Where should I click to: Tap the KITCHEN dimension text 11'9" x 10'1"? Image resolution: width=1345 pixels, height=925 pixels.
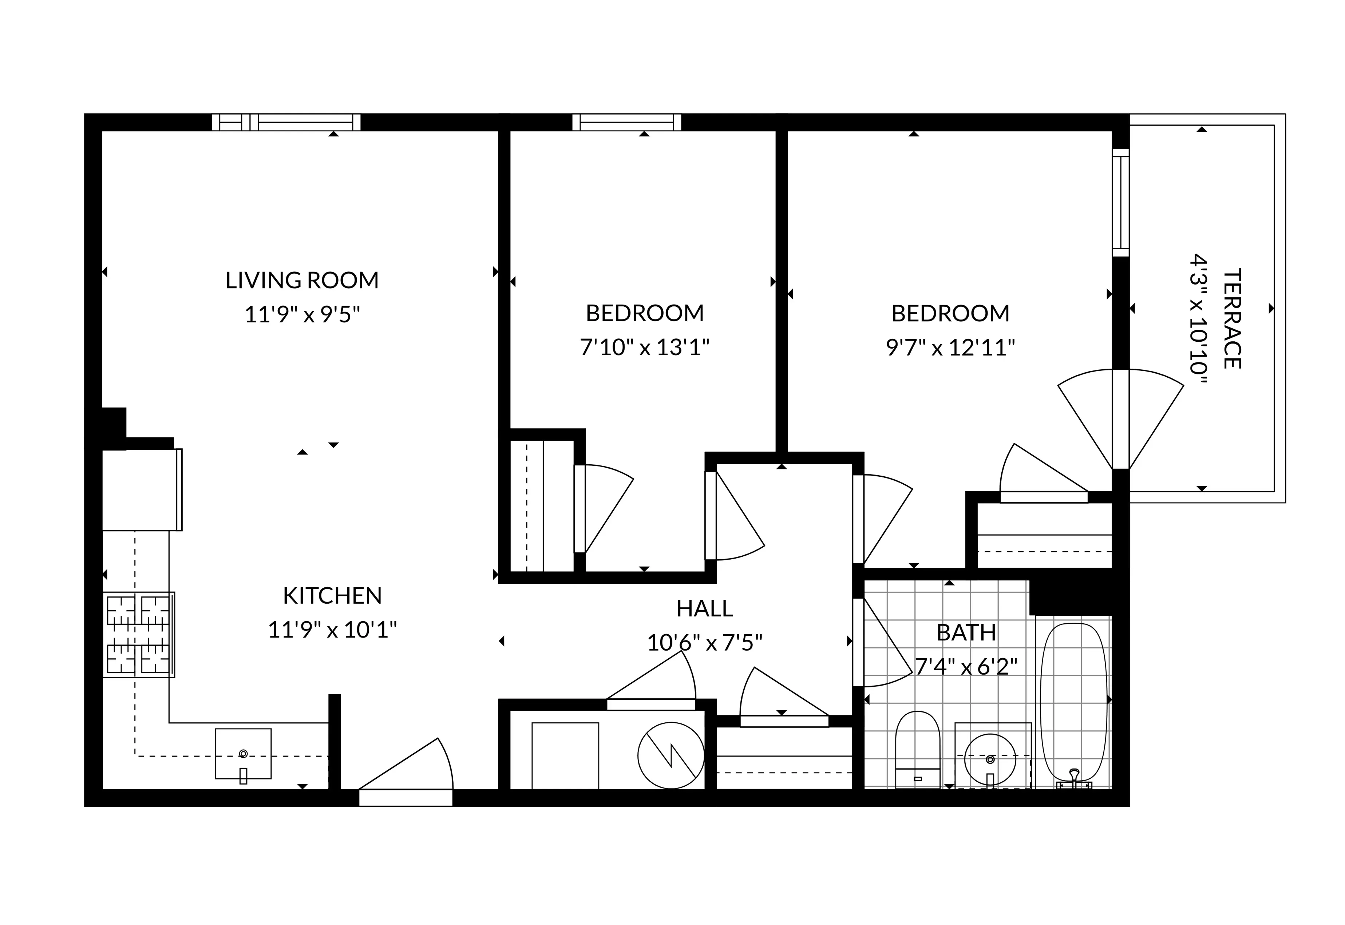[332, 630]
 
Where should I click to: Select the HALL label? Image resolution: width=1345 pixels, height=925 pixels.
[704, 608]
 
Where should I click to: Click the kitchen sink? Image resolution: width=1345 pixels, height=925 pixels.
[243, 754]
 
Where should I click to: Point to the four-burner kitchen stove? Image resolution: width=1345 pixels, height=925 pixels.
[139, 635]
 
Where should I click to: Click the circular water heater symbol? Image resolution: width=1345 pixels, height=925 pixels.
[671, 755]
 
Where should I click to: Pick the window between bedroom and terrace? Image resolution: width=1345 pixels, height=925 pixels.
[1121, 202]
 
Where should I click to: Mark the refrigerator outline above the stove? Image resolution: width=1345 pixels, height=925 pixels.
[142, 490]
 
